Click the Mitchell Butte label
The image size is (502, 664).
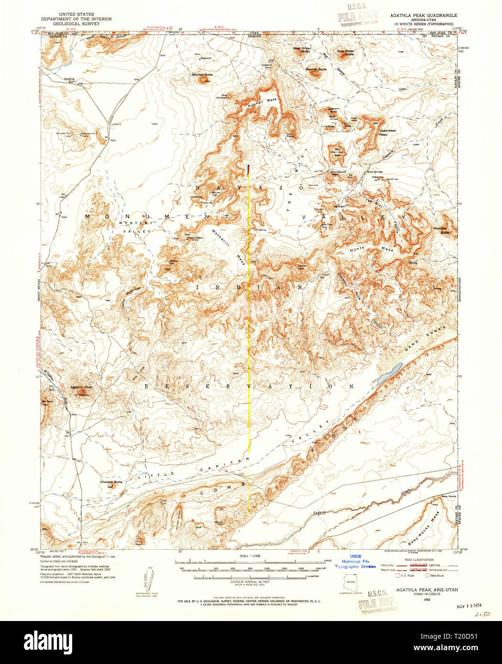click(x=202, y=75)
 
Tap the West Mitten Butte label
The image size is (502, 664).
click(x=302, y=50)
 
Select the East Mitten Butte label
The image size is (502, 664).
click(x=346, y=53)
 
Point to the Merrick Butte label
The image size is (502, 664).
click(x=316, y=69)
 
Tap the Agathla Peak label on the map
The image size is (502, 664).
click(x=81, y=387)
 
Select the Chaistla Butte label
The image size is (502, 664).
click(x=111, y=482)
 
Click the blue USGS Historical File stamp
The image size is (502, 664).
click(x=355, y=562)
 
